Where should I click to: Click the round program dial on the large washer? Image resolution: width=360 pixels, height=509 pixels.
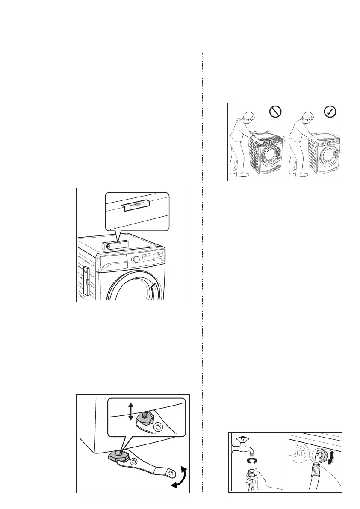click(x=136, y=259)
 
